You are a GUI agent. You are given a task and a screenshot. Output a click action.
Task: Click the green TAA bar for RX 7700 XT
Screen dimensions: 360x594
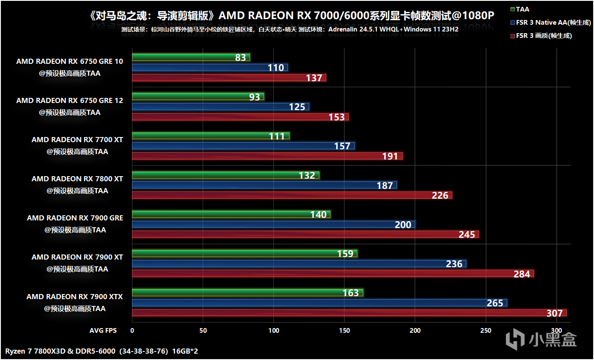(x=211, y=136)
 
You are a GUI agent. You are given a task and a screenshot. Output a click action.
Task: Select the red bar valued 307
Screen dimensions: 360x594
(x=349, y=313)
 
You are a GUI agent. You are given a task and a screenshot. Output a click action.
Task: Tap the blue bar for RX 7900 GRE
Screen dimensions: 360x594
(x=273, y=224)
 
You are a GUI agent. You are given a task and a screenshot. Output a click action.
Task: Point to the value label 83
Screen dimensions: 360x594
(x=241, y=57)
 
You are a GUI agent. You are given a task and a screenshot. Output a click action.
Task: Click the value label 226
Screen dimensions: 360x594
(x=440, y=195)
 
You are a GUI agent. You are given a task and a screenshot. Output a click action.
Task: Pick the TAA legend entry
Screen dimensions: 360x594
(x=522, y=9)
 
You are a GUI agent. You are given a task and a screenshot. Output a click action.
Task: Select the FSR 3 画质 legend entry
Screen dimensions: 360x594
(x=543, y=36)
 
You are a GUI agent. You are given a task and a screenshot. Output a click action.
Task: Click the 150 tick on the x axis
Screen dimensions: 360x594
(x=344, y=331)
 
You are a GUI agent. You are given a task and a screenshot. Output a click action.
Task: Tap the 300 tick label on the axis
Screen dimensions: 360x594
(x=556, y=331)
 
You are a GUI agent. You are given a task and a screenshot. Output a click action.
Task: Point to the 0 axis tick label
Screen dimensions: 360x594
(x=132, y=331)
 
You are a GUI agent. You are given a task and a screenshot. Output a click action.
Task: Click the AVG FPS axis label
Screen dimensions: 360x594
(x=103, y=331)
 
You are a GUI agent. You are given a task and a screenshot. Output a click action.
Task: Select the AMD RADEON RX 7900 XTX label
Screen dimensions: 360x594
(x=75, y=297)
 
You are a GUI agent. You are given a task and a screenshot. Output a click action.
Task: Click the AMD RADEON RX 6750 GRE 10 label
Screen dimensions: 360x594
(x=69, y=61)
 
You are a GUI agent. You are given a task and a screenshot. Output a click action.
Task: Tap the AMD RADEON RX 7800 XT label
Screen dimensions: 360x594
(x=77, y=179)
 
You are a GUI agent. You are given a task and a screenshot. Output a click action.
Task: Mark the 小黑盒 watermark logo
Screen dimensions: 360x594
(x=541, y=339)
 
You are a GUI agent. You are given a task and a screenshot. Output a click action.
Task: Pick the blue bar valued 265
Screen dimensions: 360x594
(x=319, y=303)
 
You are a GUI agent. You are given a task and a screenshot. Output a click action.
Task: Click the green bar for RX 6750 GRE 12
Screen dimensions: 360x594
(x=198, y=97)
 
